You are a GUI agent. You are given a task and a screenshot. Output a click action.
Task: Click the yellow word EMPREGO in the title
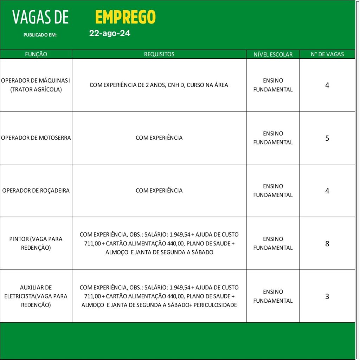pos(125,17)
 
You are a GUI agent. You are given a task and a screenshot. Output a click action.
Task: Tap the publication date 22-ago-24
pos(110,33)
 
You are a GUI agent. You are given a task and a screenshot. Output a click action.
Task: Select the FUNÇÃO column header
pos(36,54)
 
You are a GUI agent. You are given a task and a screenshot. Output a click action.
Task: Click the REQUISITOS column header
pos(159,54)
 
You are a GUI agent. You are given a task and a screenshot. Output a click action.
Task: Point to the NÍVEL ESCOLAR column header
pos(273,54)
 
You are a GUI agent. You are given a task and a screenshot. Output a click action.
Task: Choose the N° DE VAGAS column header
pos(327,54)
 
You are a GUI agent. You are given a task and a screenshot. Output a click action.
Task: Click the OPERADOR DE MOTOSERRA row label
pos(36,138)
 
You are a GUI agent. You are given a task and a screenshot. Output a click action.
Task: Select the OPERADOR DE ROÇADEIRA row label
pos(36,191)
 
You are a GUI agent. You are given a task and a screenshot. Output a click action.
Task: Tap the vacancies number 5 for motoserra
pos(327,138)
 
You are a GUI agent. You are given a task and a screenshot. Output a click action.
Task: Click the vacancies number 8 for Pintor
pos(327,244)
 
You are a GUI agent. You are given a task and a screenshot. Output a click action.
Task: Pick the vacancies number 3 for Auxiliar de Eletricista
pos(327,296)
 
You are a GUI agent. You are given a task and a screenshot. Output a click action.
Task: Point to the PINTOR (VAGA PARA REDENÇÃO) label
pos(36,243)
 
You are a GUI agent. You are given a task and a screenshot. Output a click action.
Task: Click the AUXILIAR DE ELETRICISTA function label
pos(36,296)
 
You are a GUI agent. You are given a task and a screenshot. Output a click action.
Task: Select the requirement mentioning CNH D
pos(159,85)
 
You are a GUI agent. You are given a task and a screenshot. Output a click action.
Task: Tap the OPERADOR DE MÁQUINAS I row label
pos(36,85)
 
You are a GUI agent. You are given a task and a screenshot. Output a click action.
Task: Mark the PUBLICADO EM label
pos(40,35)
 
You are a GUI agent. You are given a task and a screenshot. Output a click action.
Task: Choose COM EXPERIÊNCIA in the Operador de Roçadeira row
pos(159,191)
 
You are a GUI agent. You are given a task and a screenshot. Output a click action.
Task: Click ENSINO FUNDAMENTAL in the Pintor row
pos(273,243)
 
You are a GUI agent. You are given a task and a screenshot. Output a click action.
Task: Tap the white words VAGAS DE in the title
pos(40,17)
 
